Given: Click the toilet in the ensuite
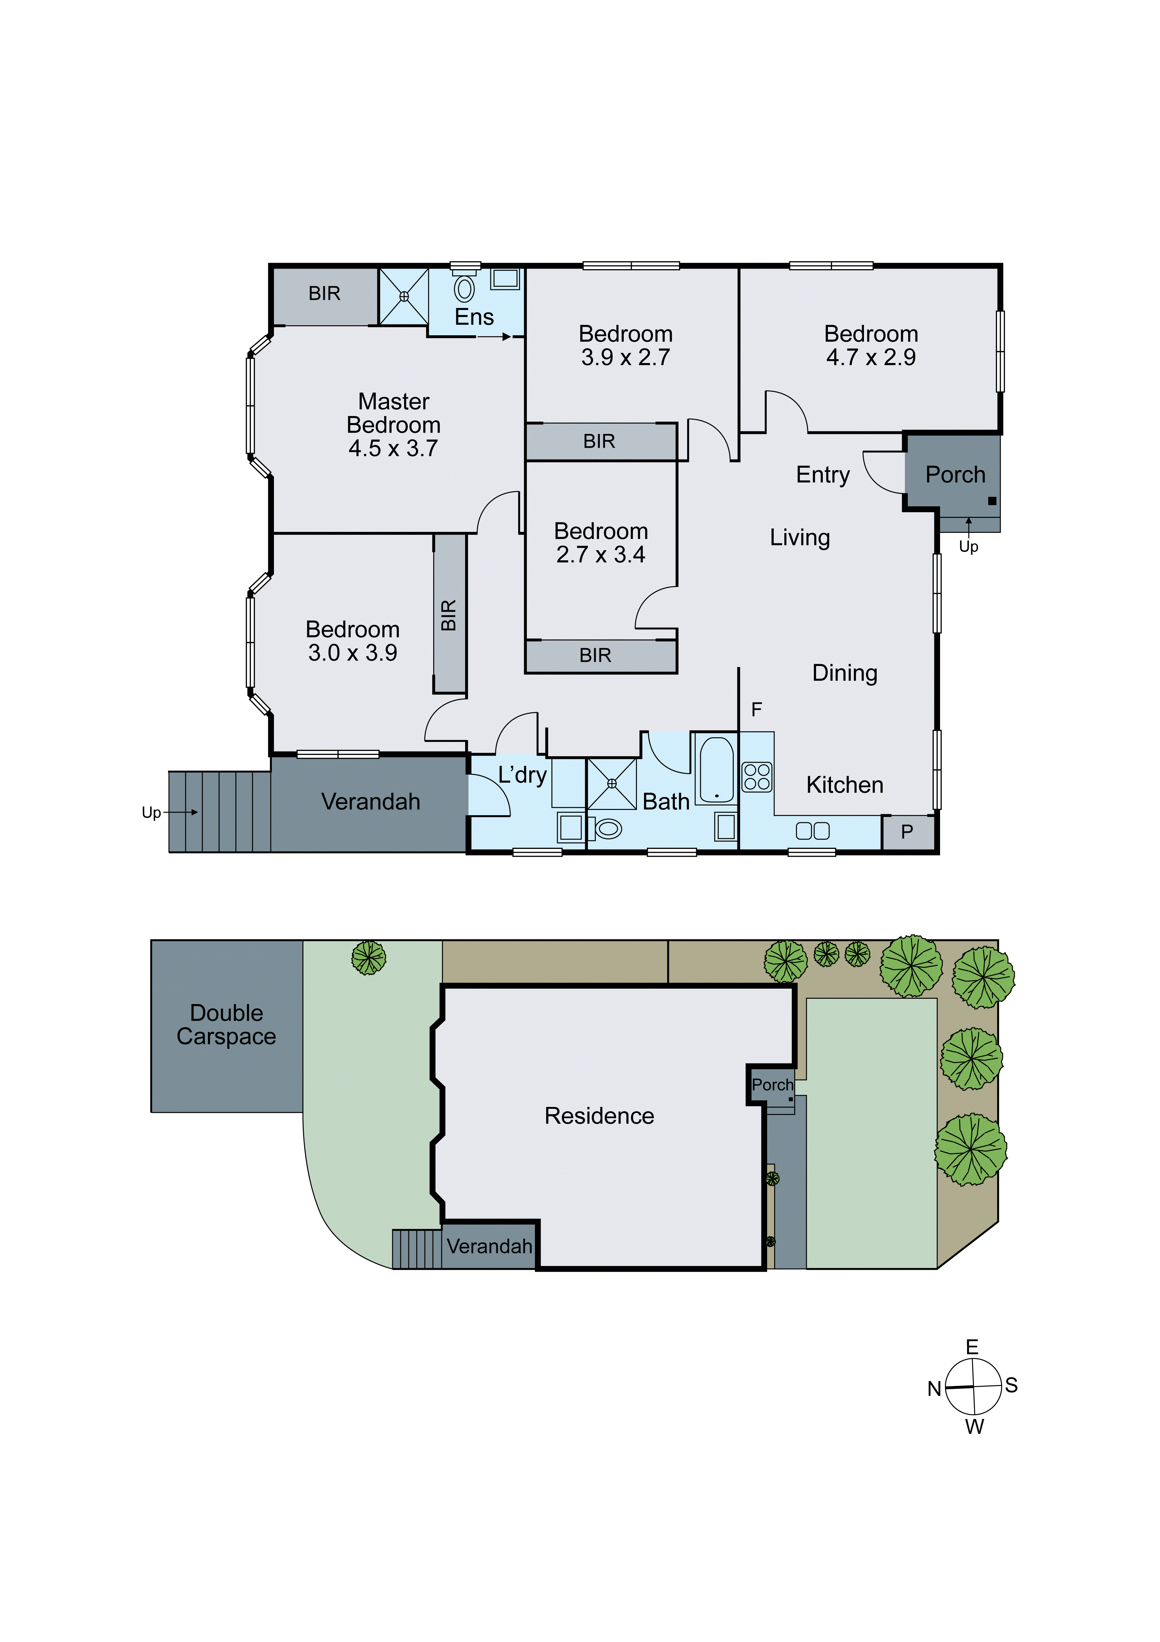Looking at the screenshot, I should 464,288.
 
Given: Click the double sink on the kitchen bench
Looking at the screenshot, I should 812,830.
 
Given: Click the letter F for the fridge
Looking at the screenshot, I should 756,710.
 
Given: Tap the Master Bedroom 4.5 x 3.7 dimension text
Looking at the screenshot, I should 393,448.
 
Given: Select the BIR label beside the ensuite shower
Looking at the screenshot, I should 324,293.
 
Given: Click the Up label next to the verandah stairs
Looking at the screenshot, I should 151,812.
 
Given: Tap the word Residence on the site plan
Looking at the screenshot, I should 599,1116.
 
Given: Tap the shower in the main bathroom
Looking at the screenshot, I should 612,784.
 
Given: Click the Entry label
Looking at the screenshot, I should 823,475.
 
